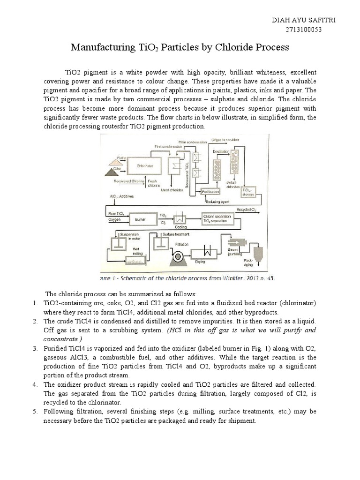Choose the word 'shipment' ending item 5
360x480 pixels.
243,420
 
